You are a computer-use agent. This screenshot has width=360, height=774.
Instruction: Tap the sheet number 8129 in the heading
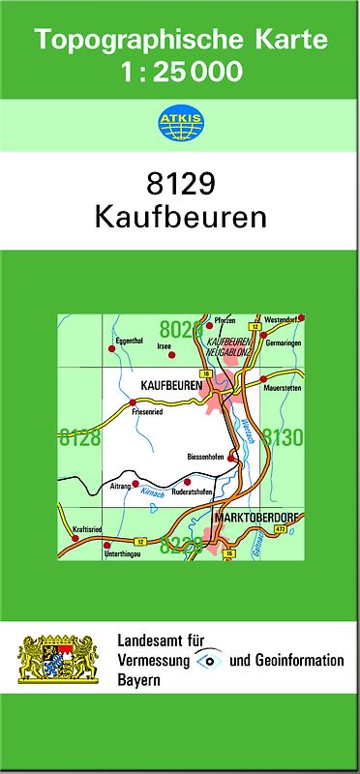(180, 184)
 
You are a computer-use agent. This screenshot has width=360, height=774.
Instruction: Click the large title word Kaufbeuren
(180, 215)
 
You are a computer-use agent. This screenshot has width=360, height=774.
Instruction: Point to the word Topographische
(131, 41)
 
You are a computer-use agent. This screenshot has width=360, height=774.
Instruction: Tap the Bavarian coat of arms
(58, 662)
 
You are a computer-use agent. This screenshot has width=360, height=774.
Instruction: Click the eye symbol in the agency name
(210, 661)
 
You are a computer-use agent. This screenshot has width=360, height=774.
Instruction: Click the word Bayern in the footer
(138, 681)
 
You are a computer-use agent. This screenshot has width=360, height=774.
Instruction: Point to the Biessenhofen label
(206, 456)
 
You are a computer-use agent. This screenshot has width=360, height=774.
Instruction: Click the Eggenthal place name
(129, 341)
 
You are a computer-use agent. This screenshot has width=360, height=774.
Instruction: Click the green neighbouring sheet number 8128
(79, 438)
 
